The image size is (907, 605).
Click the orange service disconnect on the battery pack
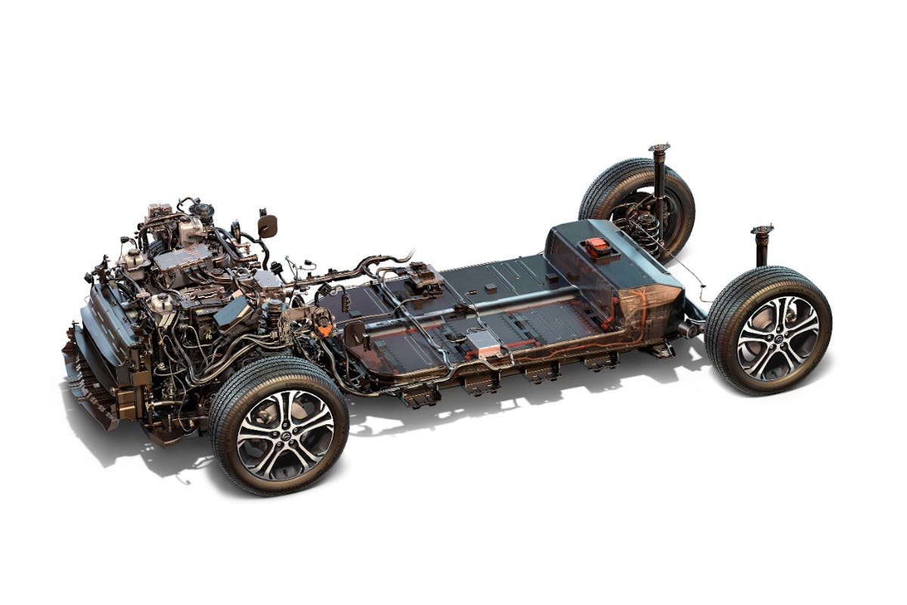[597, 247]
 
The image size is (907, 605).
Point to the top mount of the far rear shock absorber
[659, 147]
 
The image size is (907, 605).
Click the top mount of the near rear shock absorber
[762, 229]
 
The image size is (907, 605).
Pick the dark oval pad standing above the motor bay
[268, 225]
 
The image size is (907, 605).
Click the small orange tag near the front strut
[324, 330]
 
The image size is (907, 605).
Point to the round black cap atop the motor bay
[202, 209]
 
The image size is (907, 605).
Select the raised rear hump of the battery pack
[612, 265]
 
